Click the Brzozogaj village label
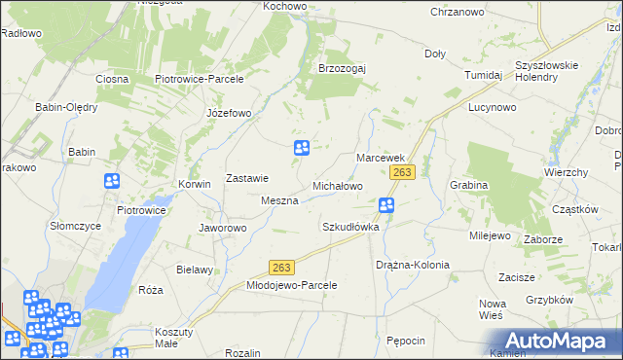click(341, 68)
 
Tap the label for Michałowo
click(337, 185)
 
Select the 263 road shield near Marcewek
click(403, 172)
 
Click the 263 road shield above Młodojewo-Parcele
click(281, 268)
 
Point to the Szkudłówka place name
click(349, 227)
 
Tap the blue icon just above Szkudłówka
click(386, 205)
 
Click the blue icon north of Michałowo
click(302, 148)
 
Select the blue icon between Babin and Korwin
click(112, 181)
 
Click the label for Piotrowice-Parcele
click(199, 79)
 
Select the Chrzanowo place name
click(458, 12)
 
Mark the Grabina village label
click(467, 184)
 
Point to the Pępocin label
click(405, 341)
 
